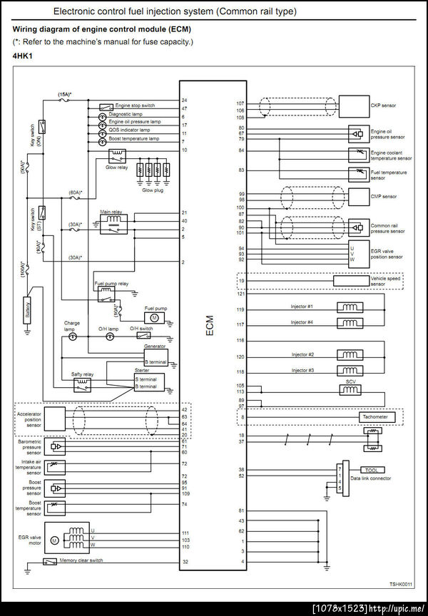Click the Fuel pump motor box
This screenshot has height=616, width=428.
tap(155, 317)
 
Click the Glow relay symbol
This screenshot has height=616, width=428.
tap(117, 155)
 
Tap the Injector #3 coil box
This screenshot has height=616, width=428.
tap(351, 370)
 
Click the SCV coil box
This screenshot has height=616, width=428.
tap(351, 391)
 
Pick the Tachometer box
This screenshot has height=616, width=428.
tap(374, 417)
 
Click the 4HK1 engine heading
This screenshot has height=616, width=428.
tap(23, 54)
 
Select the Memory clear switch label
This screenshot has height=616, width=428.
tap(81, 560)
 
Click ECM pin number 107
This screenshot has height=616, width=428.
tap(240, 103)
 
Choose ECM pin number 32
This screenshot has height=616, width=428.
tap(184, 563)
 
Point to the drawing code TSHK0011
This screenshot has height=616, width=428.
tap(400, 585)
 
